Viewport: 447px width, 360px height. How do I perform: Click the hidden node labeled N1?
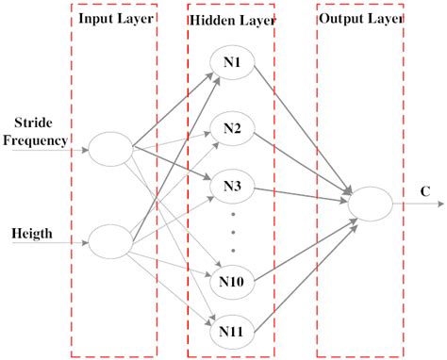(232, 64)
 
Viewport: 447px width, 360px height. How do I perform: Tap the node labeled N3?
(232, 185)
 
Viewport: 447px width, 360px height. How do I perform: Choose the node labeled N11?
(232, 330)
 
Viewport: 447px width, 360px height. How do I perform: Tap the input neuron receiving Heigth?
(109, 240)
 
